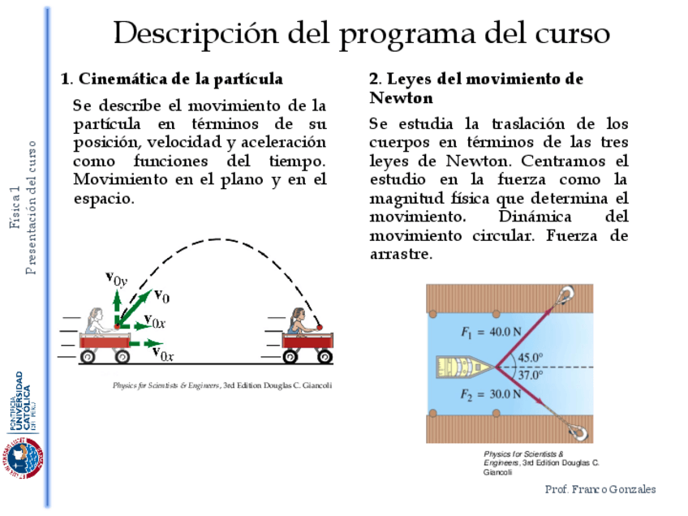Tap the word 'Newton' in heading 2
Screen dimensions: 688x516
point(401,98)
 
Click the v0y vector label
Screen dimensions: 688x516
point(116,279)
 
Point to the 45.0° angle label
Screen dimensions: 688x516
point(531,357)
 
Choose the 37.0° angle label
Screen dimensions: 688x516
point(531,375)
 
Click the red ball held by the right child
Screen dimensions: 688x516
point(320,327)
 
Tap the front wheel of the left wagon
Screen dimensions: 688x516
point(122,356)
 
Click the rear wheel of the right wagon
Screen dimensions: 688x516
point(290,356)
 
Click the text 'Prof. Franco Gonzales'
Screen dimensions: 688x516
point(600,489)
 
